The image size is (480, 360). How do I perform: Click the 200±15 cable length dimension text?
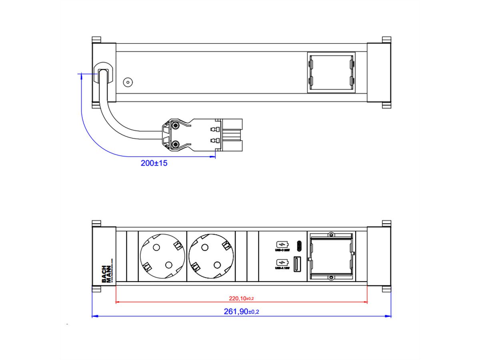coord(154,163)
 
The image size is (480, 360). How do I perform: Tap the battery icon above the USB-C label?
coord(282,244)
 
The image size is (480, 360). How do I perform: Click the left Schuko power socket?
coord(162,257)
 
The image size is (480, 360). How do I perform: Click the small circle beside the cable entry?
coord(128,82)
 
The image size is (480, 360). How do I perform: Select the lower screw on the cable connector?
coord(175,144)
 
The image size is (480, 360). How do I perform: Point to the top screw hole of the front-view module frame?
coord(331,234)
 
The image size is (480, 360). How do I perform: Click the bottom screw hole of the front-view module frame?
coord(331,277)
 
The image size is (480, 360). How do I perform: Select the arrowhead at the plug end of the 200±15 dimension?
coord(212,157)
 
